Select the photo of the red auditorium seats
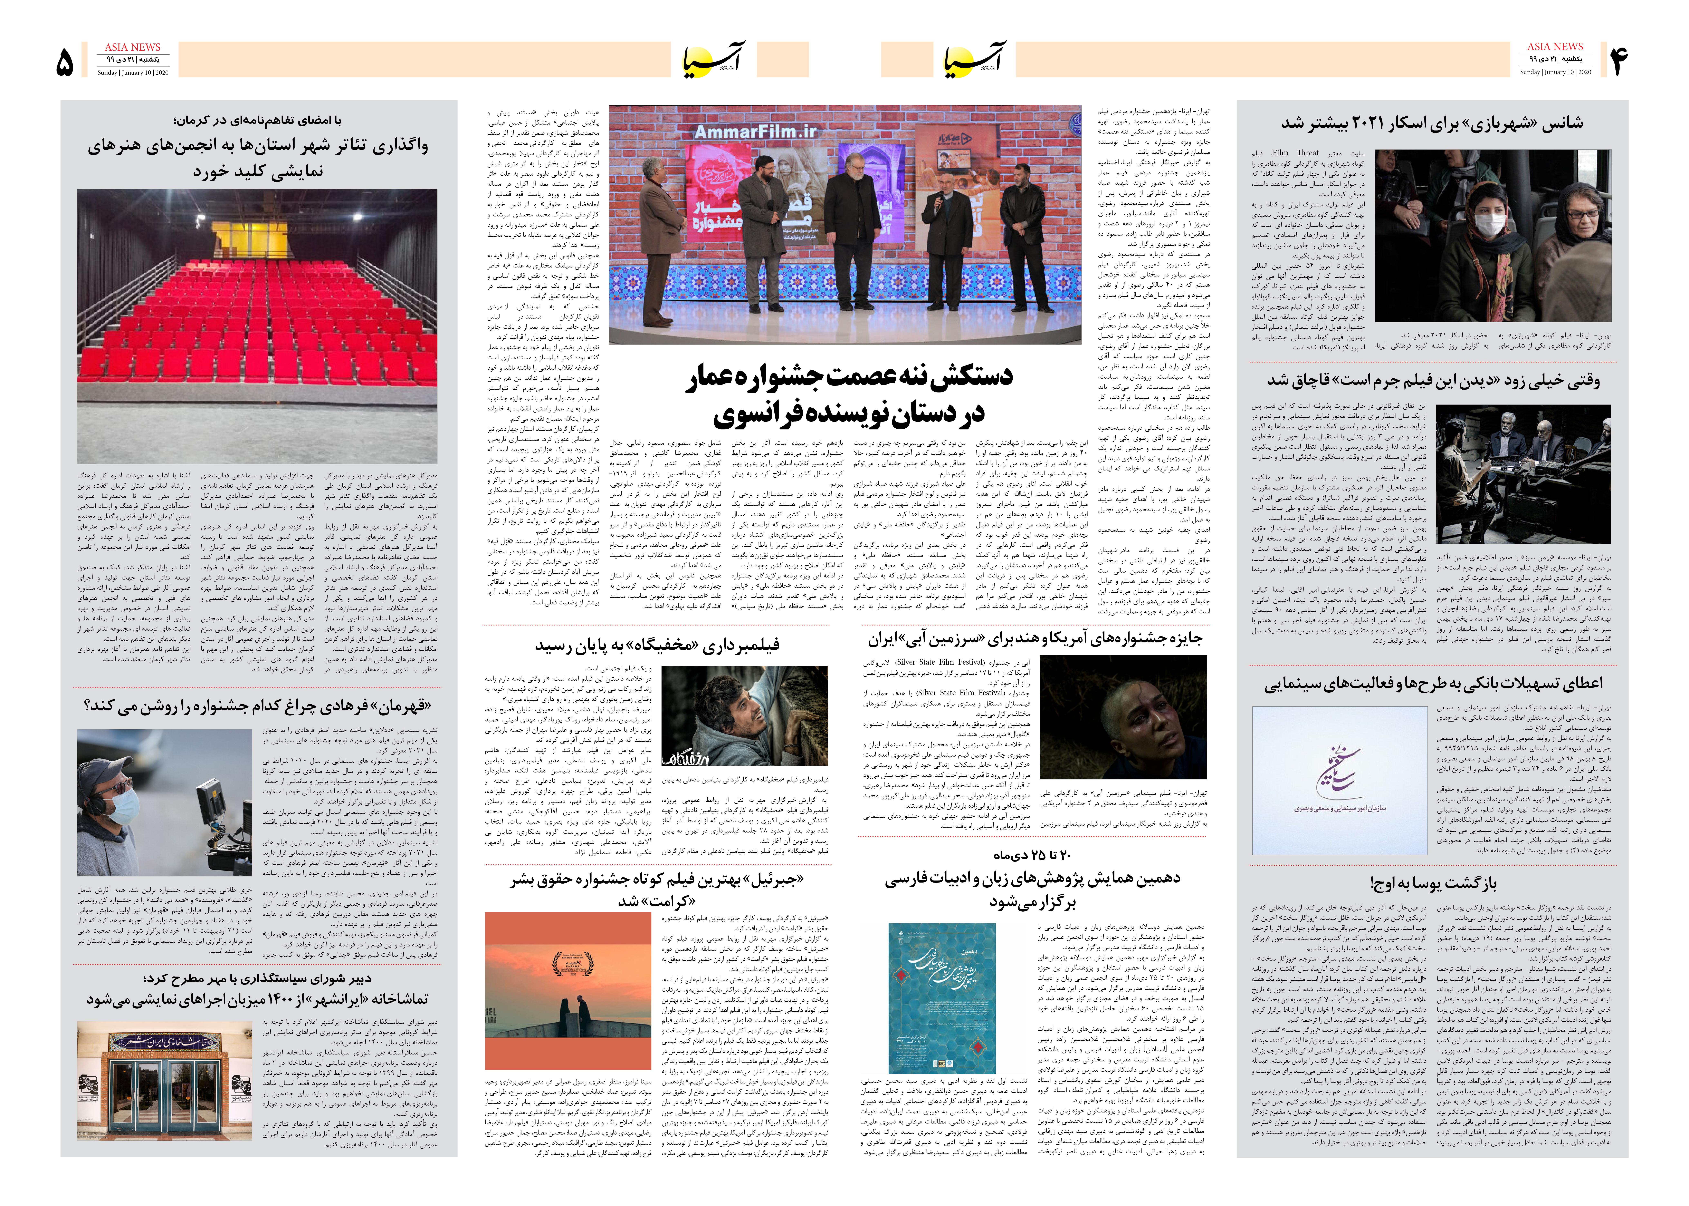(257, 327)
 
